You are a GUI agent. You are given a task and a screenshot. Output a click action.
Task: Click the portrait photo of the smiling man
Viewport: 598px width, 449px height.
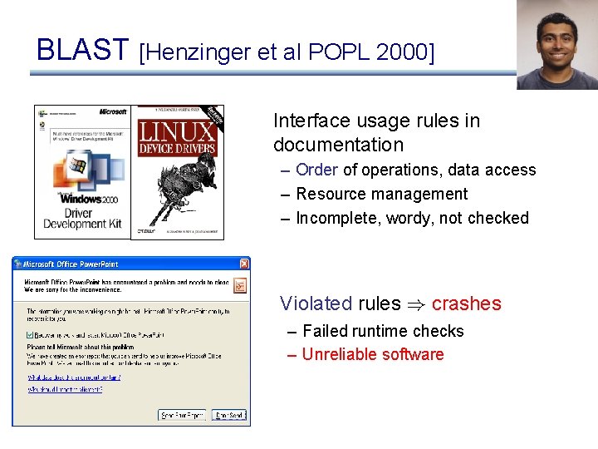coord(556,45)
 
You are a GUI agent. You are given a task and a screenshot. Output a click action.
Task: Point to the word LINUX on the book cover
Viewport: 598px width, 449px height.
coord(177,131)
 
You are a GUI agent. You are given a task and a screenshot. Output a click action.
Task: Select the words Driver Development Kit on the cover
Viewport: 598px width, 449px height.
coord(82,218)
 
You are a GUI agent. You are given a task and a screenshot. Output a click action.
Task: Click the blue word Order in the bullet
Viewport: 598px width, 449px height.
coord(316,170)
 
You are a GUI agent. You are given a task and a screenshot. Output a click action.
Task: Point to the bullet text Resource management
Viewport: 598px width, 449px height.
coord(381,194)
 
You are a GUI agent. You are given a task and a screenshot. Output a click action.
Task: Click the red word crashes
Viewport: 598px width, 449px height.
coord(466,303)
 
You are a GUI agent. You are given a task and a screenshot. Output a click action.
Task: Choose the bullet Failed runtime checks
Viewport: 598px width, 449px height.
coord(383,331)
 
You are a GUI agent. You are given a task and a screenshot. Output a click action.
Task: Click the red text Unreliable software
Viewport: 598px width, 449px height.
coord(372,354)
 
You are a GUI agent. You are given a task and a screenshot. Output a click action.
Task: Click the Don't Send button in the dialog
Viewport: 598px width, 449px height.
coord(229,414)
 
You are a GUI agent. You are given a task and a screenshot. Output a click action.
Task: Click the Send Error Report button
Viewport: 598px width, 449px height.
coord(182,414)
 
